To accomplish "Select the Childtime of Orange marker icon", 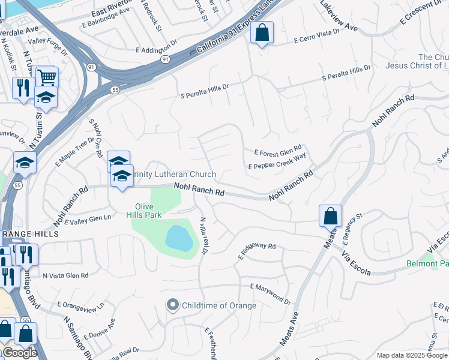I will coord(173,305).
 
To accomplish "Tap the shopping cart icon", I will coord(47,76).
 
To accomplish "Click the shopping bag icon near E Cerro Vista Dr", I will coord(262,32).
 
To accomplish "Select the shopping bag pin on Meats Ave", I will coord(330,215).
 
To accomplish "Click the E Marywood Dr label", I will coord(270,293).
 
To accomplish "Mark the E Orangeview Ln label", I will coord(82,305).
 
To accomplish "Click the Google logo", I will coord(19,353).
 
